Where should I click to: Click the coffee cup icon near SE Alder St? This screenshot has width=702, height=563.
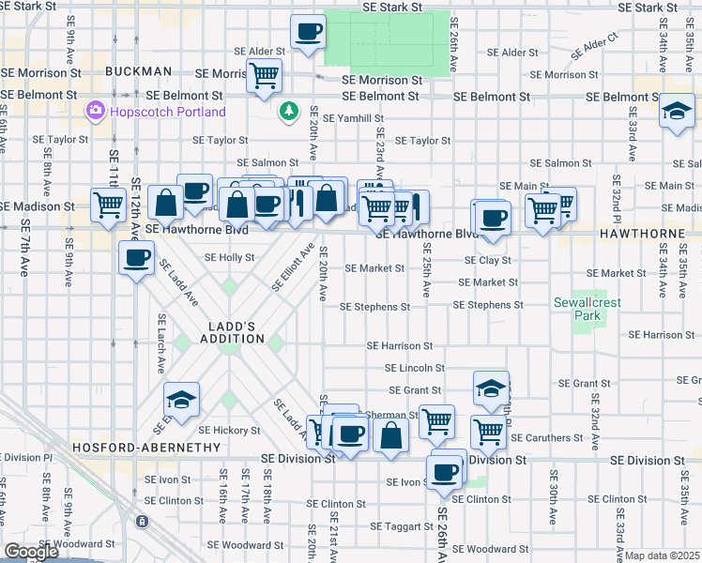coord(308,33)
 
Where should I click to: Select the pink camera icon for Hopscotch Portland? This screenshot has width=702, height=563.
coord(95,112)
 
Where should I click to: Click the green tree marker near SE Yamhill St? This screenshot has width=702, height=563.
coord(290,112)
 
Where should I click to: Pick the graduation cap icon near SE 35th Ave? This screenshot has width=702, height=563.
coord(676,113)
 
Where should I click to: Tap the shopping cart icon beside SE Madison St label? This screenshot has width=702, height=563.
coord(109,204)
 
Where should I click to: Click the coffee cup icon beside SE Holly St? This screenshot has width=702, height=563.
coord(136,257)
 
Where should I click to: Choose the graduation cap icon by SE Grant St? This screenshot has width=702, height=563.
coord(491,388)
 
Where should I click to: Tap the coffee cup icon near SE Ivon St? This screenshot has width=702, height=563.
coord(445,471)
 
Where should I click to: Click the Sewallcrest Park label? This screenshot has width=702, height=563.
coord(588,310)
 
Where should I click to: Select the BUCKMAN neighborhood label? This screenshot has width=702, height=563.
coord(139,71)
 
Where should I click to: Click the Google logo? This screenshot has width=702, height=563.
coord(31,552)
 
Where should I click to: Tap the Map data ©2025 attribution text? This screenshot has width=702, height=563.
coord(663,555)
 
